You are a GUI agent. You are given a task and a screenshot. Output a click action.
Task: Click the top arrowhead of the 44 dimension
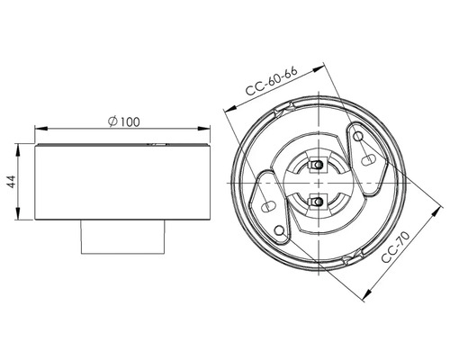click(22, 145)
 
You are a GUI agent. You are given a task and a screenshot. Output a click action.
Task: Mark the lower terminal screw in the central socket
click(317, 202)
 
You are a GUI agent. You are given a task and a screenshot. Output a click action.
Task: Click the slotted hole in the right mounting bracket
click(368, 157)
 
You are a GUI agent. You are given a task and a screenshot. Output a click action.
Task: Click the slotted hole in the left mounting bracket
click(267, 207)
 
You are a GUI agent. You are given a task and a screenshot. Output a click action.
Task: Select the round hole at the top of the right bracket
click(359, 137)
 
